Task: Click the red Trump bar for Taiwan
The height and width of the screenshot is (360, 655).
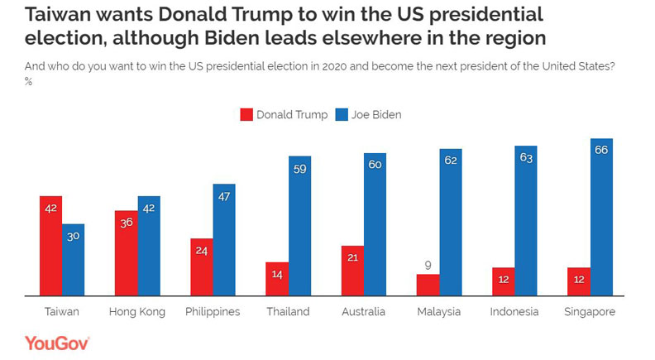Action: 50,245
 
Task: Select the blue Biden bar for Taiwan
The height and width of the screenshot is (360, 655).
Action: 73,259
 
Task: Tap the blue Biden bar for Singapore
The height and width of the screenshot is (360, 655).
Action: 601,217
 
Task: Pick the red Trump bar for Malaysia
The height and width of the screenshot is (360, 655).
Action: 428,284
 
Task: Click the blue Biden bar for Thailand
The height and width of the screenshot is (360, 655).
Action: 299,225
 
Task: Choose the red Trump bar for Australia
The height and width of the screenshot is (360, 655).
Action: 352,270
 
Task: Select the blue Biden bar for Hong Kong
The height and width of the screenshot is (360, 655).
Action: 149,245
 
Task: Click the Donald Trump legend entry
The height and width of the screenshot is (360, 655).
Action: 282,114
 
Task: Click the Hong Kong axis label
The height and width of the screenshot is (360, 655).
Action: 136,312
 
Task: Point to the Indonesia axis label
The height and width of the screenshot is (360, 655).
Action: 514,312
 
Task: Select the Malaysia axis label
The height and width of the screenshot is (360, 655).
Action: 438,312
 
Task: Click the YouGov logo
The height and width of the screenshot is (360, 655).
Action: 57,343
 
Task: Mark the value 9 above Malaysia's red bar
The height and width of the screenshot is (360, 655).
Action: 428,266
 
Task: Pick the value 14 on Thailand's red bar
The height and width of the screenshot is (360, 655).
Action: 277,272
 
